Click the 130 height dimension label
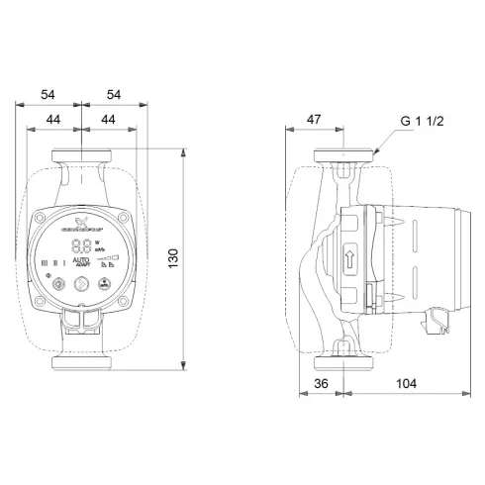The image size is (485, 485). [199, 261]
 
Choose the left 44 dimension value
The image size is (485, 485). [56, 119]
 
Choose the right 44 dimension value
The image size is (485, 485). [111, 119]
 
